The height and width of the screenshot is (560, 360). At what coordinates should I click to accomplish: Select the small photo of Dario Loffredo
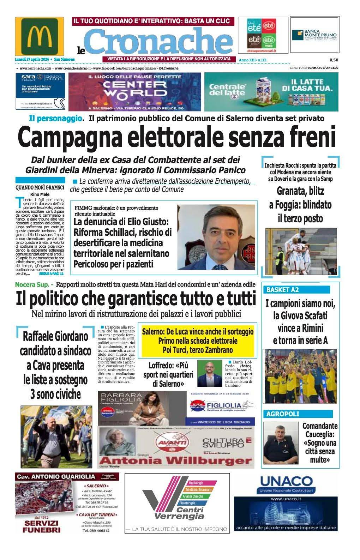click(206, 373)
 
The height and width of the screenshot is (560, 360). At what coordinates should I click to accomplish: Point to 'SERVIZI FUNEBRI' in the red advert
click(42, 526)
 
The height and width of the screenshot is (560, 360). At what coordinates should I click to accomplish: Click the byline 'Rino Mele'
click(40, 194)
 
